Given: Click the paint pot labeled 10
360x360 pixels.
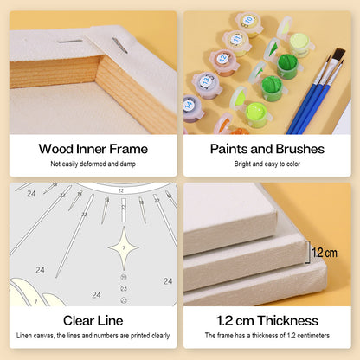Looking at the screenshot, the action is pos(248,23).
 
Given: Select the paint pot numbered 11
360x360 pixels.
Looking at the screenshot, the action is pos(237,42).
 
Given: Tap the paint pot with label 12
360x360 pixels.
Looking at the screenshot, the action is pos(223,62).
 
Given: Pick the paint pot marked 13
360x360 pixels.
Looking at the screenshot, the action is pos(207,84).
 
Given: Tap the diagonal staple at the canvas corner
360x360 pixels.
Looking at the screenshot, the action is pos(120,46).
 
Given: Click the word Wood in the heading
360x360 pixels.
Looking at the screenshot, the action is pos(56,149).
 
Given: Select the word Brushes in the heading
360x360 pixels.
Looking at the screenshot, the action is pos(299,149).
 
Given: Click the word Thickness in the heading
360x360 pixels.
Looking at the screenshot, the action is pos(288,320).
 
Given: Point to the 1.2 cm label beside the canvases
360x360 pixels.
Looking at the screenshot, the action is pos(325,253).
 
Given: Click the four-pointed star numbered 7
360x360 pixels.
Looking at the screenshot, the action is pos(124,248).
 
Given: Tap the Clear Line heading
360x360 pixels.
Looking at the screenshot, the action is pos(93,320).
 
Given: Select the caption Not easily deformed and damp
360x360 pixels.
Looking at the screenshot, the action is pos(93,164).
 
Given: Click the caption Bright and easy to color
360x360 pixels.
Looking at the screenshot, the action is pos(267,164).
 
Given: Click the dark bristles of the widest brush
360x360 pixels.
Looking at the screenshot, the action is pos(339,55).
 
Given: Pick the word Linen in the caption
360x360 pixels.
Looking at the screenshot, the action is pos(23,336).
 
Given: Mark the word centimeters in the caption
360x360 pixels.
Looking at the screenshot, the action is pos(313,336).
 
